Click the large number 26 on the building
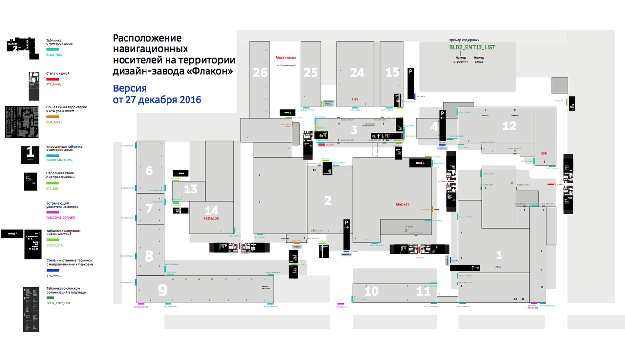coord(260,73)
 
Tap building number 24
coord(357,73)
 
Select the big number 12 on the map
coord(509,126)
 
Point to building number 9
coord(162,291)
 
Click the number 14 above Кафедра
coord(211,211)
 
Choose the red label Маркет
coord(402,204)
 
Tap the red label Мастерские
coord(286,58)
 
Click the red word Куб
coord(544,153)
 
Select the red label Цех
coord(355,99)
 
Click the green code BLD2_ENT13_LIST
coord(472,47)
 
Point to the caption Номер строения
coord(460,60)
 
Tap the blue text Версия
coord(129,89)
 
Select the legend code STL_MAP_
coord(54,85)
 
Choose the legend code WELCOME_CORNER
coord(61,217)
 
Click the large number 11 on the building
coord(423,291)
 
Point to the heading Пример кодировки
coord(464,40)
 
